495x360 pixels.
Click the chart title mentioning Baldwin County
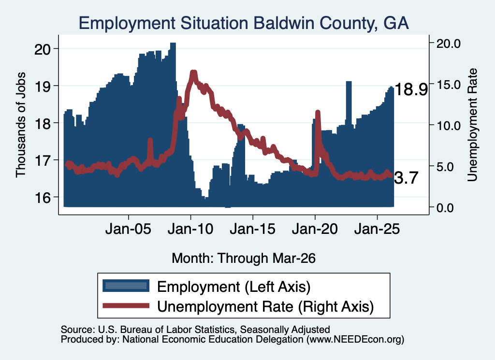tap(244, 23)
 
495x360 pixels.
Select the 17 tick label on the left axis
tap(43, 160)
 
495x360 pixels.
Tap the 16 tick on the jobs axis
tap(43, 198)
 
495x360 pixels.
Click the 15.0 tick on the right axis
tap(449, 85)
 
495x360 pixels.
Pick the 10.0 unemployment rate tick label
tap(449, 126)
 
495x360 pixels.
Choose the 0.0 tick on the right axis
tap(445, 208)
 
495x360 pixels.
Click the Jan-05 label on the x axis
tap(129, 229)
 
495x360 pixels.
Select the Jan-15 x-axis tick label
tap(252, 229)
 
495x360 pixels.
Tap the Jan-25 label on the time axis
tap(377, 229)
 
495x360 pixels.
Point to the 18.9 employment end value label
tap(411, 89)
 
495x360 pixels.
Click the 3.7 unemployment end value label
tap(406, 178)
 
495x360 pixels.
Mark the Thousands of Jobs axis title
tap(20, 125)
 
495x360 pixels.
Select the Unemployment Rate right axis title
tap(472, 125)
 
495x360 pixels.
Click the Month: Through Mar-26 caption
tap(244, 258)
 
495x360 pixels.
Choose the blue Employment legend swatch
tap(126, 286)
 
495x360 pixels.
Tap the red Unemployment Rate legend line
tap(126, 305)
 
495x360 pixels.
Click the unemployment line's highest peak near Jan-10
tap(193, 72)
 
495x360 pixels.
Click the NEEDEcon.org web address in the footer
tap(355, 340)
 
